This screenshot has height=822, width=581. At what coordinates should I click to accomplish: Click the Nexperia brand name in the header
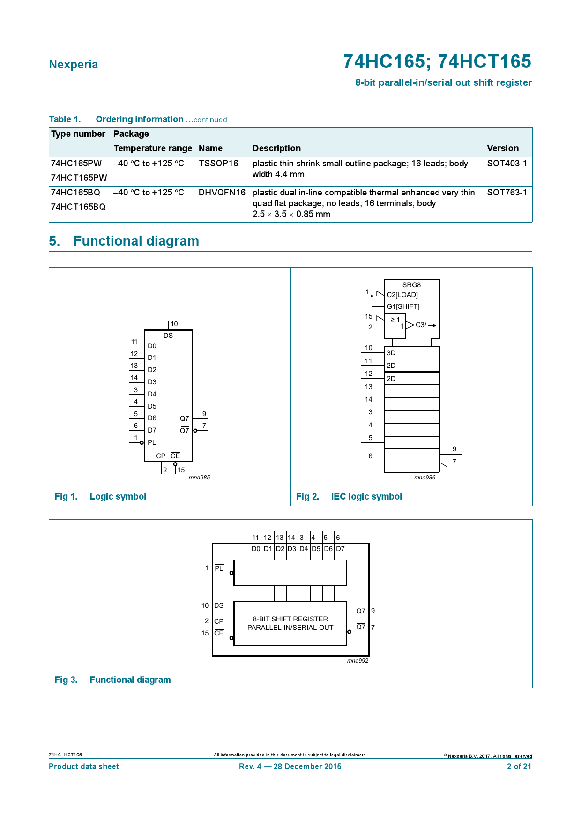74,65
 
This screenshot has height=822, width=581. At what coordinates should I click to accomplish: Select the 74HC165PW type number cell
76,164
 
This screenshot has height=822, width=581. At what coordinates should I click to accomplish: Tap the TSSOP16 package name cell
218,164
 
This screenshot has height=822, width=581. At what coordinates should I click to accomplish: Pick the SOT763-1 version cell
507,193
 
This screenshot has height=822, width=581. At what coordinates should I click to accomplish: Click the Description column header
276,149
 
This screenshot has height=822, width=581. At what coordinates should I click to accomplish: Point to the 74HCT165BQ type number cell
78,207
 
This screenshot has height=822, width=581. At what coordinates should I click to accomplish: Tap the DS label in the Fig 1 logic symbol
168,336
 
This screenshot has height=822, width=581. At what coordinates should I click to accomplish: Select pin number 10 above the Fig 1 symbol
174,324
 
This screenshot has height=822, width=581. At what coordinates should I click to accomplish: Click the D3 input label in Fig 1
152,382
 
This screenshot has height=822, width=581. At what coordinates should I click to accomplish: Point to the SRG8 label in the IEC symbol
411,285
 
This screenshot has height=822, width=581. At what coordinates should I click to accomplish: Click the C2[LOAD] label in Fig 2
402,295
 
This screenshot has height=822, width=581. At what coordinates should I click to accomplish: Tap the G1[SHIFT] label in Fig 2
403,306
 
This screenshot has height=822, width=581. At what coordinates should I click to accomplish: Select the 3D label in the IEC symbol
391,353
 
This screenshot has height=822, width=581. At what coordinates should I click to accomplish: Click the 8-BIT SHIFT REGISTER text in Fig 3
290,619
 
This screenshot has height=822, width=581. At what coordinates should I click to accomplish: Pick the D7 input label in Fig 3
340,549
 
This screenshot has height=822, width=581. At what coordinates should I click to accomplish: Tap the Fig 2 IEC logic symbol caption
349,497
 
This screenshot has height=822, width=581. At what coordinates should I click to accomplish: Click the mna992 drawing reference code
358,661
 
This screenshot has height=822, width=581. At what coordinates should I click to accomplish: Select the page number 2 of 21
519,767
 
